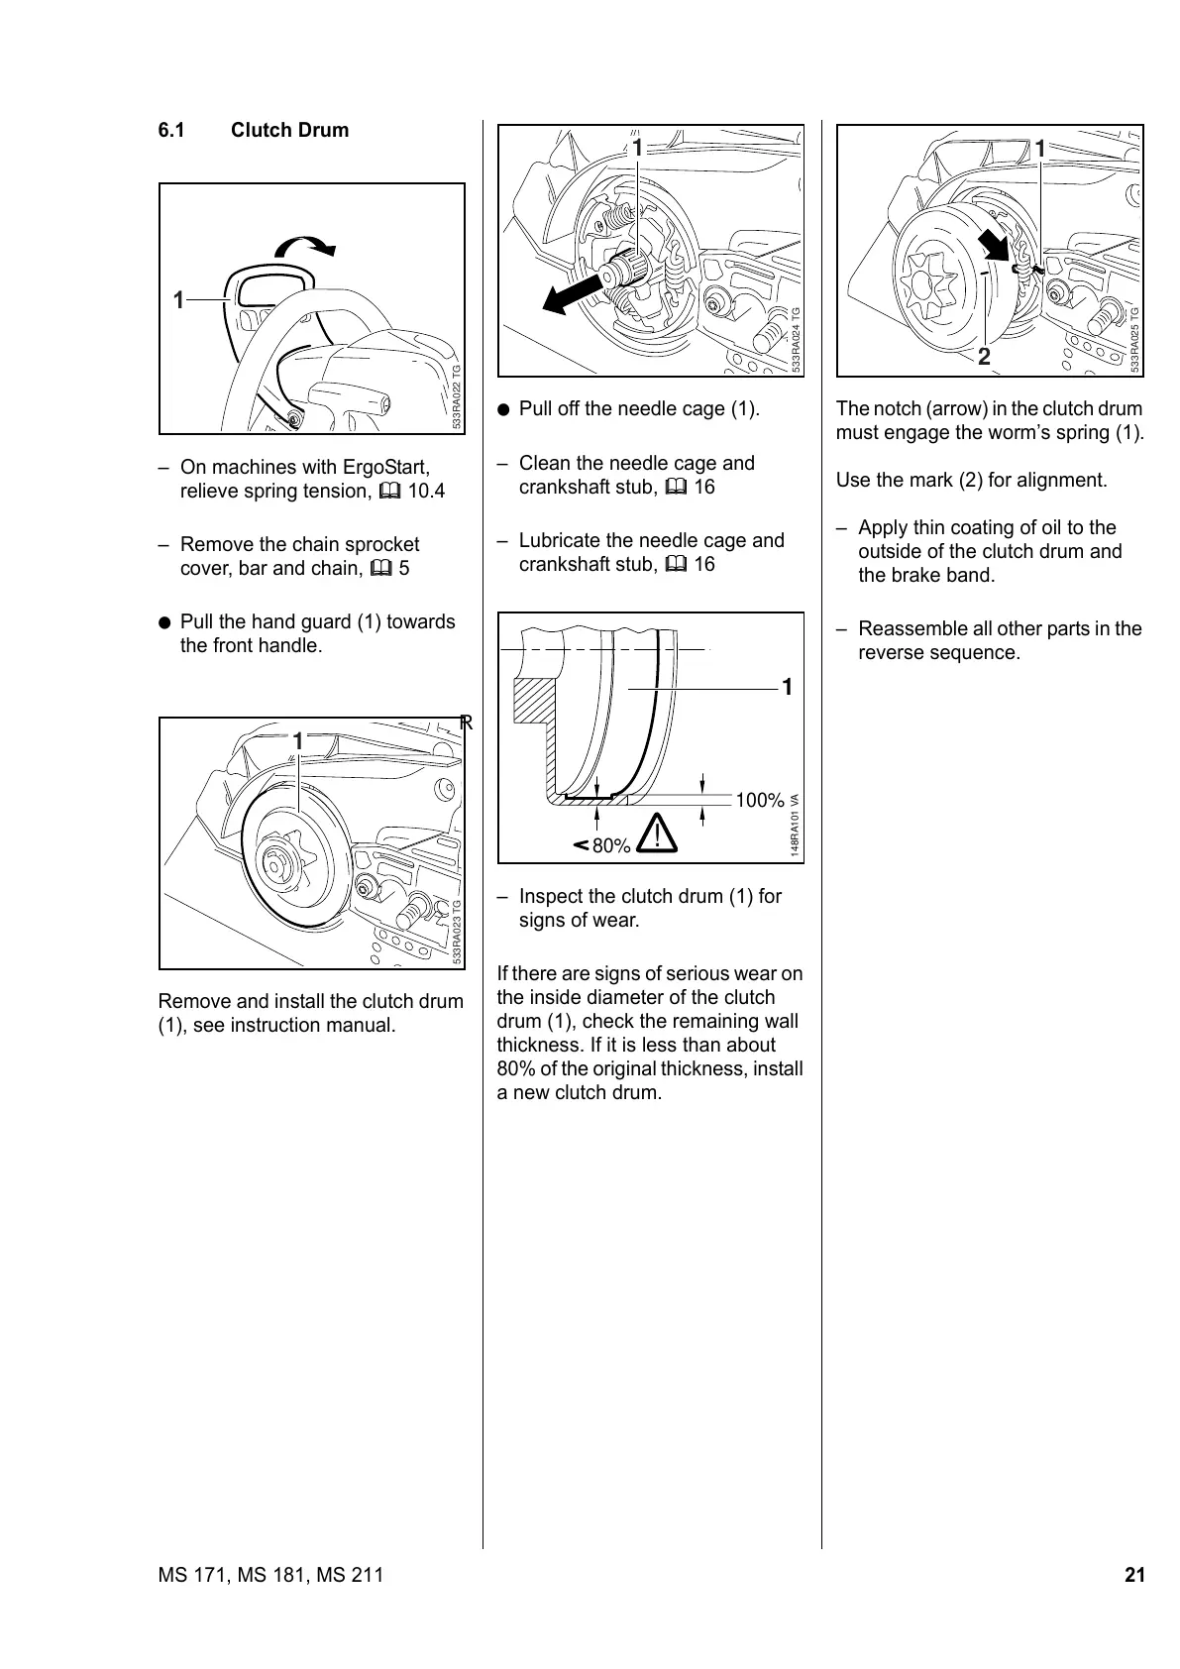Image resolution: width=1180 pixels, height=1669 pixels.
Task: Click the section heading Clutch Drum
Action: tap(289, 131)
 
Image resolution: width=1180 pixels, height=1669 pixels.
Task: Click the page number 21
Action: tap(1134, 1575)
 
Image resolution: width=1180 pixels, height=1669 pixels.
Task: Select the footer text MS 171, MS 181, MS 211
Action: tap(270, 1575)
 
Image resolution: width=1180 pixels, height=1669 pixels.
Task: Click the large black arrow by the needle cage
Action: tap(573, 294)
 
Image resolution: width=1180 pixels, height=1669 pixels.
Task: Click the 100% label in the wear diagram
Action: tap(760, 801)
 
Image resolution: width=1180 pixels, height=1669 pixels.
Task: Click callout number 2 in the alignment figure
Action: tap(984, 357)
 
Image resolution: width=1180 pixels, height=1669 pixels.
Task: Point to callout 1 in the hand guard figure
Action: tap(178, 299)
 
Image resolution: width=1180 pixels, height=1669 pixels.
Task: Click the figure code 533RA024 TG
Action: tap(796, 339)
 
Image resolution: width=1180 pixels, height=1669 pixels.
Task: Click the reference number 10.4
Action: tap(426, 492)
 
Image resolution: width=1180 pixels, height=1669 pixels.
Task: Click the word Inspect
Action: tap(550, 897)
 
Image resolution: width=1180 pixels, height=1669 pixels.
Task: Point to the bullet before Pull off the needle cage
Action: tap(504, 409)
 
